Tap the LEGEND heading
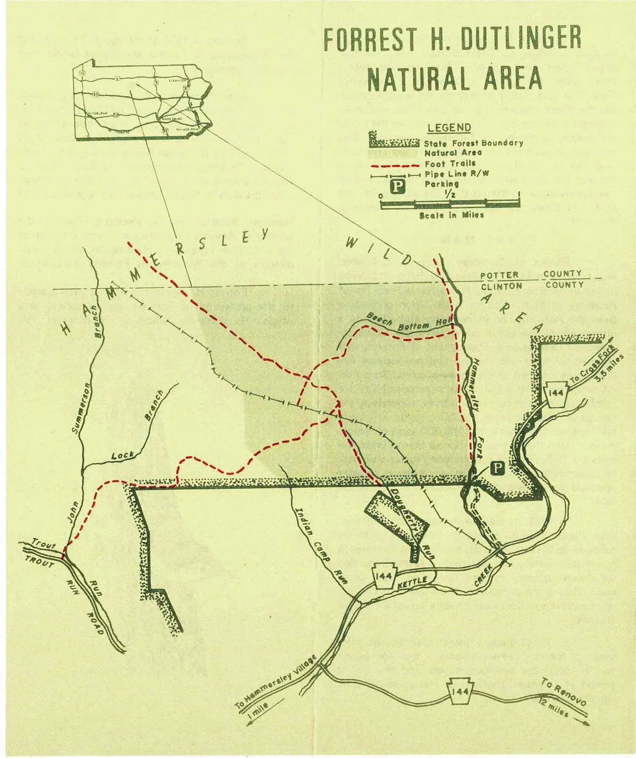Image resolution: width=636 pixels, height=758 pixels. coord(449,128)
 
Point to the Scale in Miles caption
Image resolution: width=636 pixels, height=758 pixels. coord(451,215)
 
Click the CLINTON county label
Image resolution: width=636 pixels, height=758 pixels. coord(501,286)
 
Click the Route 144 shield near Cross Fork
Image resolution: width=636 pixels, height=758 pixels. coord(556,393)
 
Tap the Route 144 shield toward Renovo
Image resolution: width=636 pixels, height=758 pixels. coord(460,692)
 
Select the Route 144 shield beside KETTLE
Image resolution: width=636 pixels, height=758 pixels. coord(385,577)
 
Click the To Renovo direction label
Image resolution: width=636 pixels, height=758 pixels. coord(564,695)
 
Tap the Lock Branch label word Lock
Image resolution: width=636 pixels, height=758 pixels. coord(123,456)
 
